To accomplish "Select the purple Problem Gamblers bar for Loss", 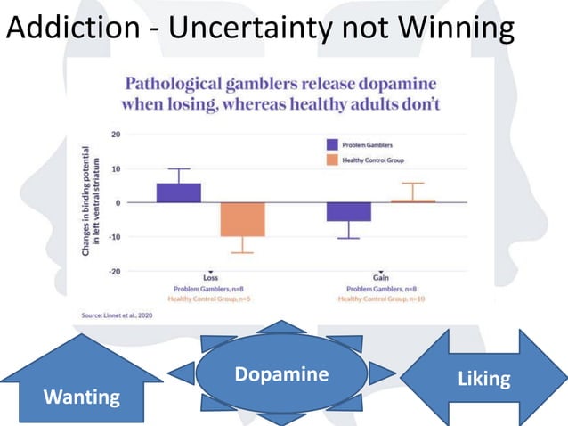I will click(179, 193).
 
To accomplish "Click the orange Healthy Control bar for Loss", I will click(243, 219).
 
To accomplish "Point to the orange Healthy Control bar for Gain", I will click(412, 201).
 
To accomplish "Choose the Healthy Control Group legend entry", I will click(366, 160).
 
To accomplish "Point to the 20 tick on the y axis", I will click(117, 135).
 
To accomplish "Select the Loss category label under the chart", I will click(211, 278).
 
